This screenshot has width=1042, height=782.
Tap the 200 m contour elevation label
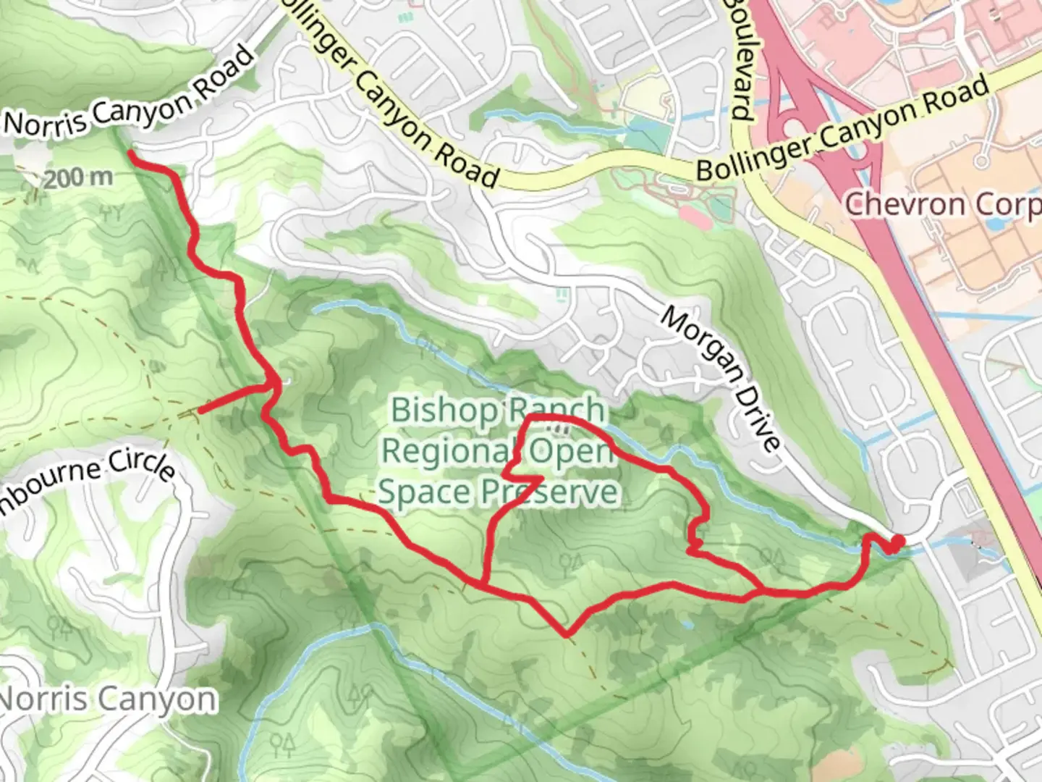77,177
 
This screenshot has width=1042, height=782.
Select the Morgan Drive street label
719,378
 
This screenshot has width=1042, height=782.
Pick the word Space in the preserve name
424,492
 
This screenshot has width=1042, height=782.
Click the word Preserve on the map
550,492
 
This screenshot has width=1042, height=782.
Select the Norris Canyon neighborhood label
107,699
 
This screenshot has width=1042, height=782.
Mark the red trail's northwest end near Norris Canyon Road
131,154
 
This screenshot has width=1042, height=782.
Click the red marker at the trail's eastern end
897,543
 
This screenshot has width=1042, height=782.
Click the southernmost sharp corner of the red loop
566,635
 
